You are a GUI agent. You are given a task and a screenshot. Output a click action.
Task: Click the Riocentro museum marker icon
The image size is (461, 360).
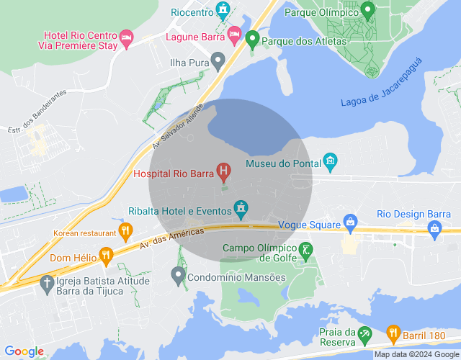point(223,9)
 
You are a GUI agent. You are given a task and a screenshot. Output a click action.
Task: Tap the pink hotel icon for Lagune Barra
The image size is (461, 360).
point(234,33)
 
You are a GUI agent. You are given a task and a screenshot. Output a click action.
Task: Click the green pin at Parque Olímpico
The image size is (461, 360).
point(368,10)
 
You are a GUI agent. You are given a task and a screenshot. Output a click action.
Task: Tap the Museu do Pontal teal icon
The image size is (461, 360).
point(331,160)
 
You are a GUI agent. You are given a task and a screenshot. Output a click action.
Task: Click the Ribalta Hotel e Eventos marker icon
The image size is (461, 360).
point(241,210)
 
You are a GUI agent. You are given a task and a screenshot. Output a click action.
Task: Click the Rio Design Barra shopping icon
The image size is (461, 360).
point(434,228)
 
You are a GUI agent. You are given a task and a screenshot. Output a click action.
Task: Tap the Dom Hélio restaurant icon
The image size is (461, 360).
point(107,254)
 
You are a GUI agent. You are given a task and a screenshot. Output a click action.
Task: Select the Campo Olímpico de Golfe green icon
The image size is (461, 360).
point(307,251)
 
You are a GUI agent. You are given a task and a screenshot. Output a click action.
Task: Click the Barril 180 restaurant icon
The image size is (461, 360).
point(393,333)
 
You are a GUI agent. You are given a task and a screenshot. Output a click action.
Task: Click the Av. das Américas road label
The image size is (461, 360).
point(173,238)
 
